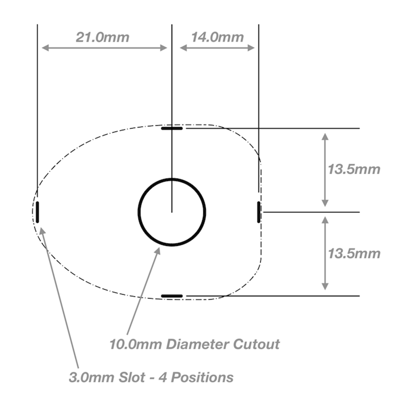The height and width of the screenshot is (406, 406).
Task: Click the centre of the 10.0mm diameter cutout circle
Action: (172, 212)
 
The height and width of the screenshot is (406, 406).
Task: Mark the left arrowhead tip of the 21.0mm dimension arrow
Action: (42, 48)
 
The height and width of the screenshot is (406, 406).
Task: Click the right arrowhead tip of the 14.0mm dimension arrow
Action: (255, 48)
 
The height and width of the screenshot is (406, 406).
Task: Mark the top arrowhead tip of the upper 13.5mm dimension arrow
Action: (325, 133)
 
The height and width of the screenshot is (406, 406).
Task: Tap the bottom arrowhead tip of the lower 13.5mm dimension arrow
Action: (325, 290)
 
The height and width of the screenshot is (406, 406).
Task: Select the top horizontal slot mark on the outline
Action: (172, 128)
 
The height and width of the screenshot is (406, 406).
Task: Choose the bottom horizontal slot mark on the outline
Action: (172, 296)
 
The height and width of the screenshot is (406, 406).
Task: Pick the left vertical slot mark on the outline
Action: (37, 212)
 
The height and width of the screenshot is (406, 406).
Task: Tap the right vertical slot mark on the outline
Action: (259, 212)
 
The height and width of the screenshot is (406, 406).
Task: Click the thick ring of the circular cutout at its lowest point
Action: (172, 245)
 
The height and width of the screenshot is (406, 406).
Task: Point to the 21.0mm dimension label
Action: (103, 37)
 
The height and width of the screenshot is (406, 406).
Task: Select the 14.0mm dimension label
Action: (218, 37)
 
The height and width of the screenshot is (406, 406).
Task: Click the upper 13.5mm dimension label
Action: (354, 169)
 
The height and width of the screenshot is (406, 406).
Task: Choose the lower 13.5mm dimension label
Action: (354, 253)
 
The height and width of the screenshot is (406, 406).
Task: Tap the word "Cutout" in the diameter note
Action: (256, 344)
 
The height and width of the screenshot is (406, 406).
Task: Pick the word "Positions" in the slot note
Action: (202, 377)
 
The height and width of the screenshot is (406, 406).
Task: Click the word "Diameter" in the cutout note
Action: (198, 344)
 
